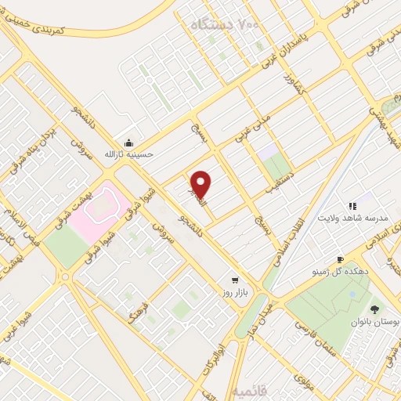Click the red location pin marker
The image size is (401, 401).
201,185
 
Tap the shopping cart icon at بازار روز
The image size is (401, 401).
234,280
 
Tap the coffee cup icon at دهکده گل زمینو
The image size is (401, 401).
340,259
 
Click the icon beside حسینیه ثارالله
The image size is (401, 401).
129,143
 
